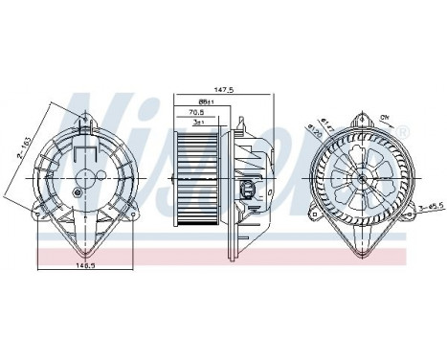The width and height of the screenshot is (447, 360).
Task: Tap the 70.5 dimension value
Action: (x=198, y=112)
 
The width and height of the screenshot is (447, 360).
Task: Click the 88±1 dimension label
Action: (x=205, y=101)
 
